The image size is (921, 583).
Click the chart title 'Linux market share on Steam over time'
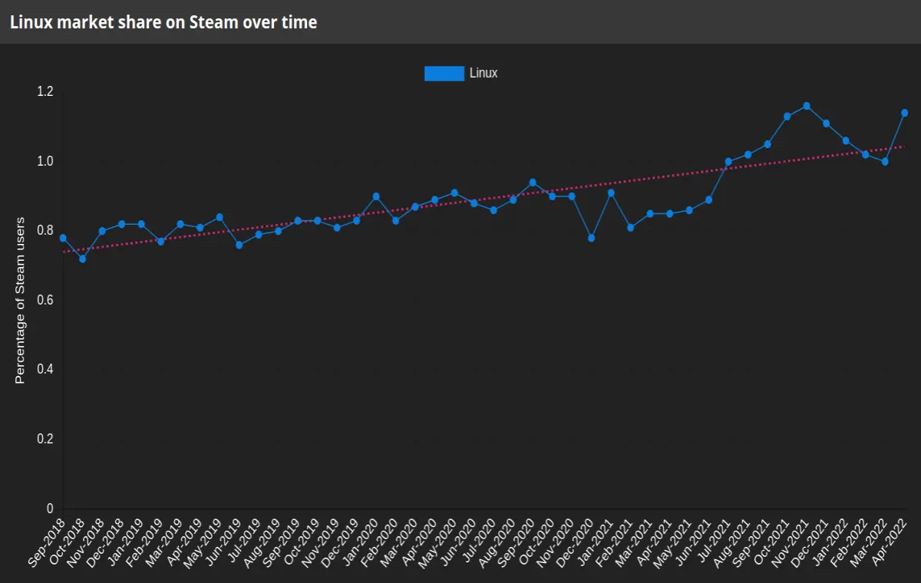(163, 22)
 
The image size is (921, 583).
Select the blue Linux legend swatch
(444, 74)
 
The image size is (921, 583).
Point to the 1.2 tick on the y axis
(45, 91)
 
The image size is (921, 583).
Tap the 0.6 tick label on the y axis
(45, 300)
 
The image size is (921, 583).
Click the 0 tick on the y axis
(50, 509)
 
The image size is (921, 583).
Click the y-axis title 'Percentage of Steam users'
(20, 301)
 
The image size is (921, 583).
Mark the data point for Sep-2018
(63, 238)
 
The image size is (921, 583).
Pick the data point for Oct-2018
(83, 259)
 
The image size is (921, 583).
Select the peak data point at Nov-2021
(807, 106)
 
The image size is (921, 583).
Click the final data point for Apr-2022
(905, 113)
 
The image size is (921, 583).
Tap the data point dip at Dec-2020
(591, 238)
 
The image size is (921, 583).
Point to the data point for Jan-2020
(376, 196)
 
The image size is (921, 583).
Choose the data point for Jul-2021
(728, 161)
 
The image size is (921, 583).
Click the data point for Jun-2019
(239, 245)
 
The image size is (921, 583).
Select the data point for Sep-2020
(533, 183)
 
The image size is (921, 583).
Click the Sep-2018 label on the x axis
(47, 542)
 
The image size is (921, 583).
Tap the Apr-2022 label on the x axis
(889, 542)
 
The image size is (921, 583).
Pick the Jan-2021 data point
(611, 193)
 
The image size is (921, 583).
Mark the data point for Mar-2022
(885, 161)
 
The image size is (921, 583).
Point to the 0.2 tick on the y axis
(45, 439)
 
